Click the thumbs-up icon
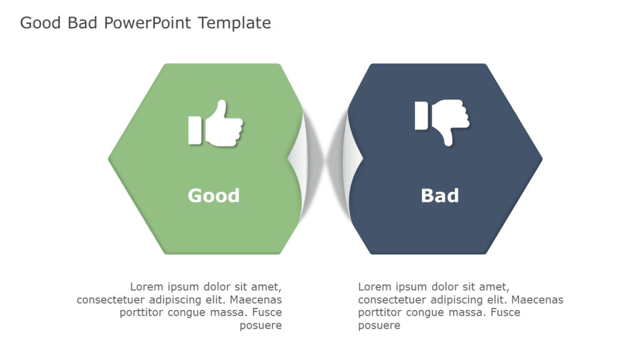tap(216, 124)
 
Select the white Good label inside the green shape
tap(214, 196)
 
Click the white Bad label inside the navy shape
tap(440, 196)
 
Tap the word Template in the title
tap(234, 23)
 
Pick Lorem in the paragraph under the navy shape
tap(376, 287)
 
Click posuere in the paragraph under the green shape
tap(261, 326)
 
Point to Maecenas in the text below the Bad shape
tap(537, 300)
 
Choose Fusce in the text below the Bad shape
tap(506, 312)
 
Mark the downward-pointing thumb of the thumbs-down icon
tap(447, 136)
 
